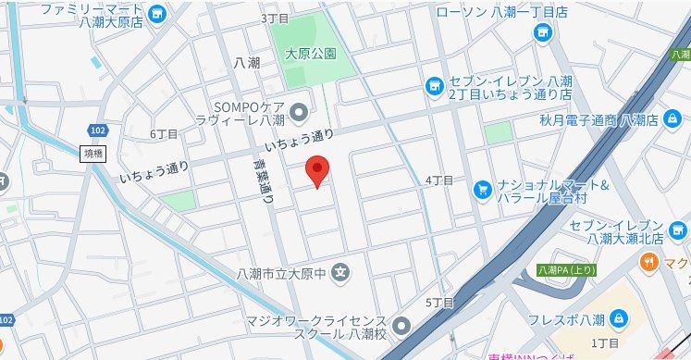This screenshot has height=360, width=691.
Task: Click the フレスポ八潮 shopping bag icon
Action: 618,320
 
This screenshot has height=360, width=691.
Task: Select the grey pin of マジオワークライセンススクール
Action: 401,326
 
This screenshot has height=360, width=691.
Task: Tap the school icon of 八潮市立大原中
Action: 341,273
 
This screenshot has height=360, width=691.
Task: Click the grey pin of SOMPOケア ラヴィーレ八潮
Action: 299,114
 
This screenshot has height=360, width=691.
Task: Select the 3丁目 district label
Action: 275,19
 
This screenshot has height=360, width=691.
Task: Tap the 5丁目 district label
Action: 438,303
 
